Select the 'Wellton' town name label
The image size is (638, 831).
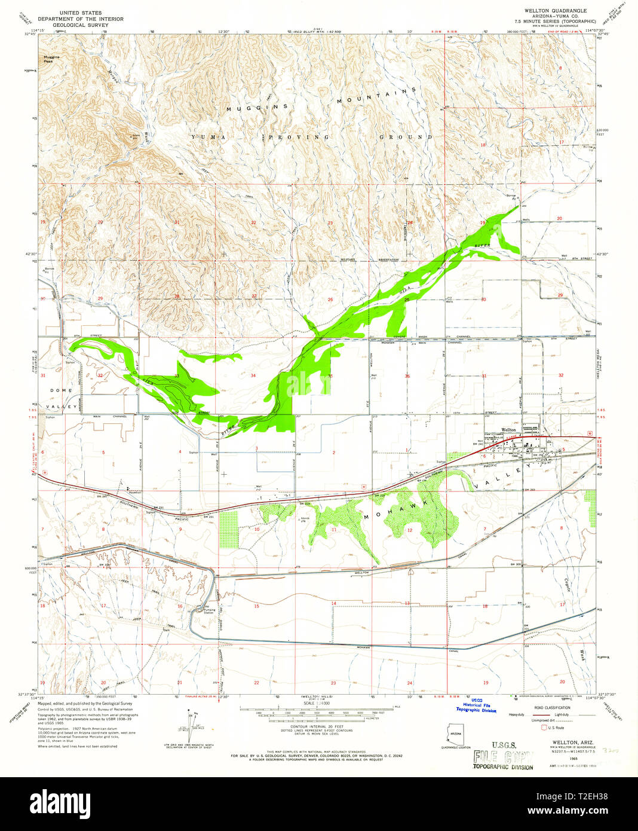coord(508,430)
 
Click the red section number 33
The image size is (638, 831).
coord(177,376)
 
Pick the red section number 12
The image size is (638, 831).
coord(410,530)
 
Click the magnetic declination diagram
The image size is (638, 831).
coord(192,722)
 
